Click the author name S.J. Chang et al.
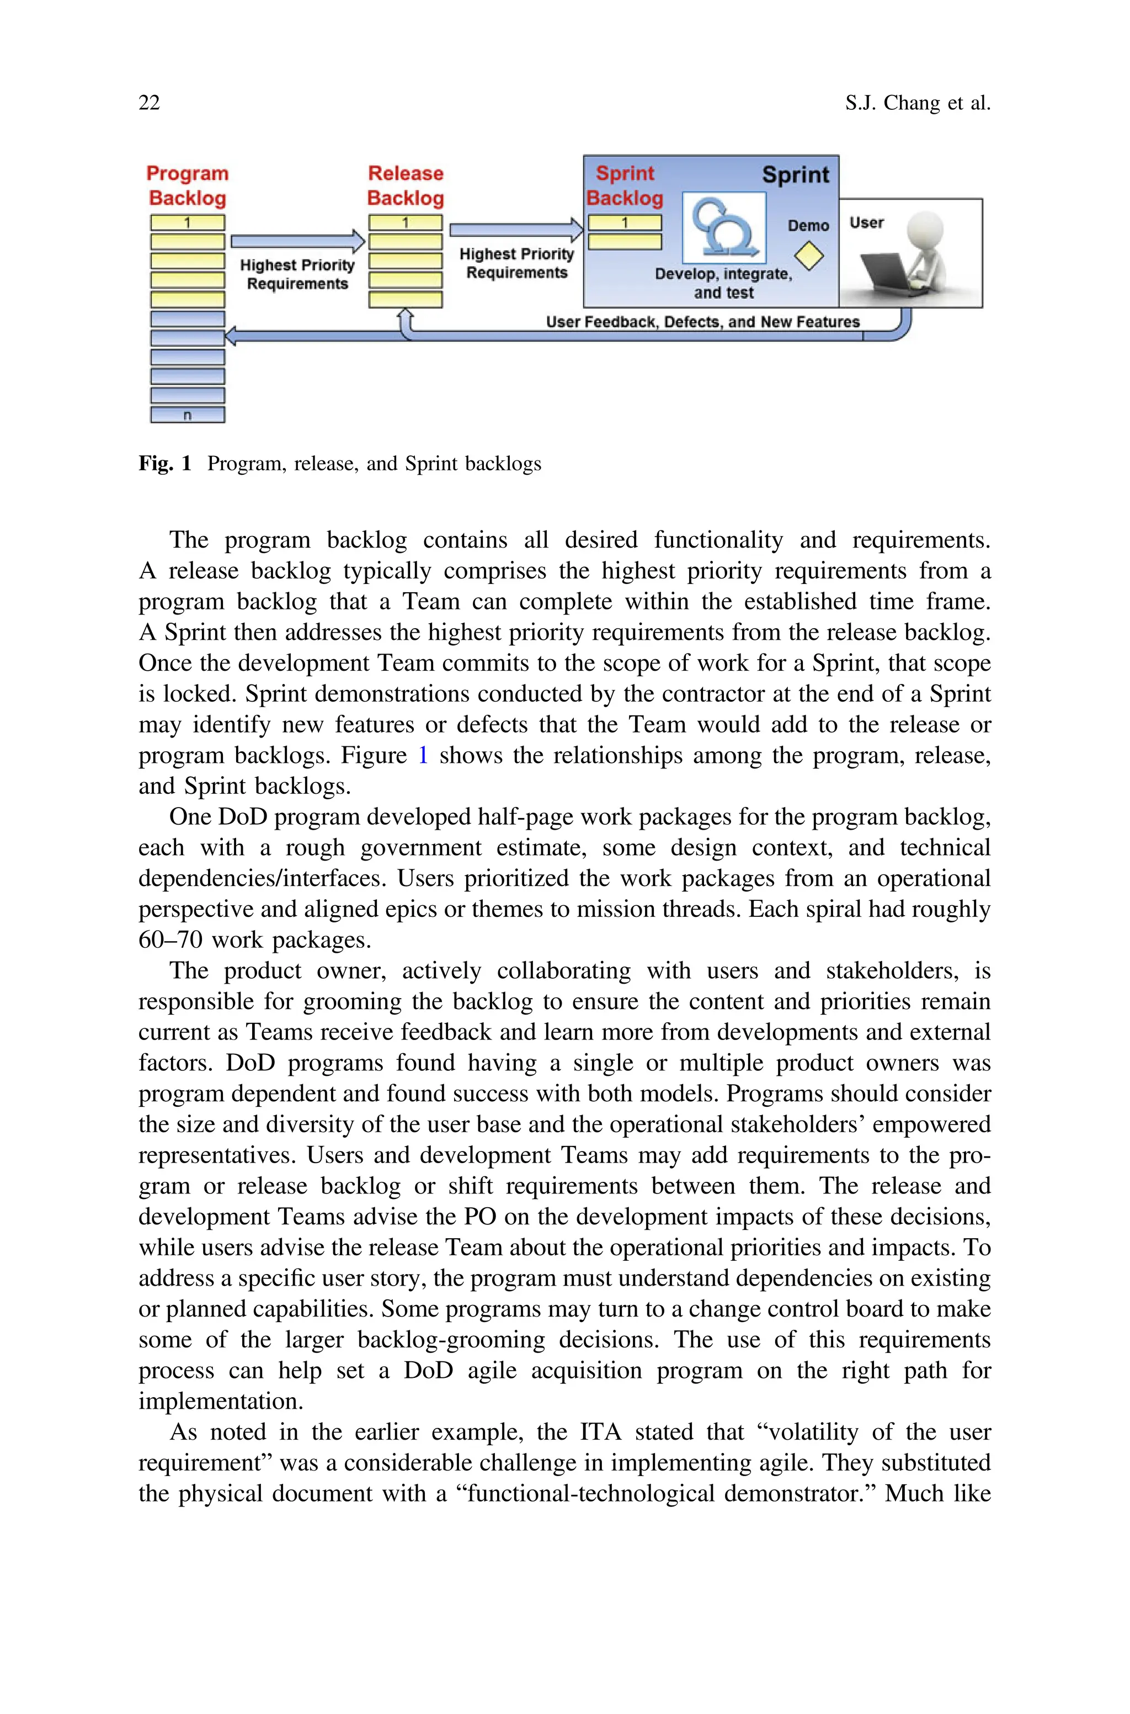(918, 103)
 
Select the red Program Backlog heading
(188, 186)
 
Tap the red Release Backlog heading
(405, 186)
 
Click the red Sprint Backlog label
(624, 186)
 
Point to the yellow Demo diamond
(809, 256)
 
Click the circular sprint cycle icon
(723, 228)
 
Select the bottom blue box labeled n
(188, 415)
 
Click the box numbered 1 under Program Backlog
(188, 222)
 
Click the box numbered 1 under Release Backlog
(405, 222)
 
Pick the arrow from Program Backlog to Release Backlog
(297, 241)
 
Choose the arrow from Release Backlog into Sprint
(516, 230)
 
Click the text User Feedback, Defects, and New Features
(702, 322)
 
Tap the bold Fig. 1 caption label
(164, 464)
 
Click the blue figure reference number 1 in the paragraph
(423, 755)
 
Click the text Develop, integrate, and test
(723, 283)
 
